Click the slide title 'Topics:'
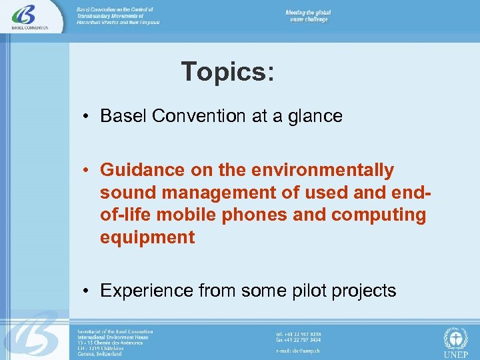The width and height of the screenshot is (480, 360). pos(227,72)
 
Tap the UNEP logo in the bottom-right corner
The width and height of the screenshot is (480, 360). pos(456,341)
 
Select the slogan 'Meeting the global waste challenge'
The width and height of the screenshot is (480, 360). pos(308,16)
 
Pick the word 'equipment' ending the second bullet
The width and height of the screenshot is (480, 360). pos(147,238)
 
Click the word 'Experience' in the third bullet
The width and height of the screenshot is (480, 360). pos(147,291)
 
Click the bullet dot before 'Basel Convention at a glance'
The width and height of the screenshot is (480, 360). pos(87,117)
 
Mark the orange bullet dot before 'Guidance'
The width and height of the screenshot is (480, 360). pos(87,171)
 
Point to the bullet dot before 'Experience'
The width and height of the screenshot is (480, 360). pos(87,291)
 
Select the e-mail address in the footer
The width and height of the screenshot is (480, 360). pos(297,349)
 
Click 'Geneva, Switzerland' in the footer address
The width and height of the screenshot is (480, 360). pos(99,353)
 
